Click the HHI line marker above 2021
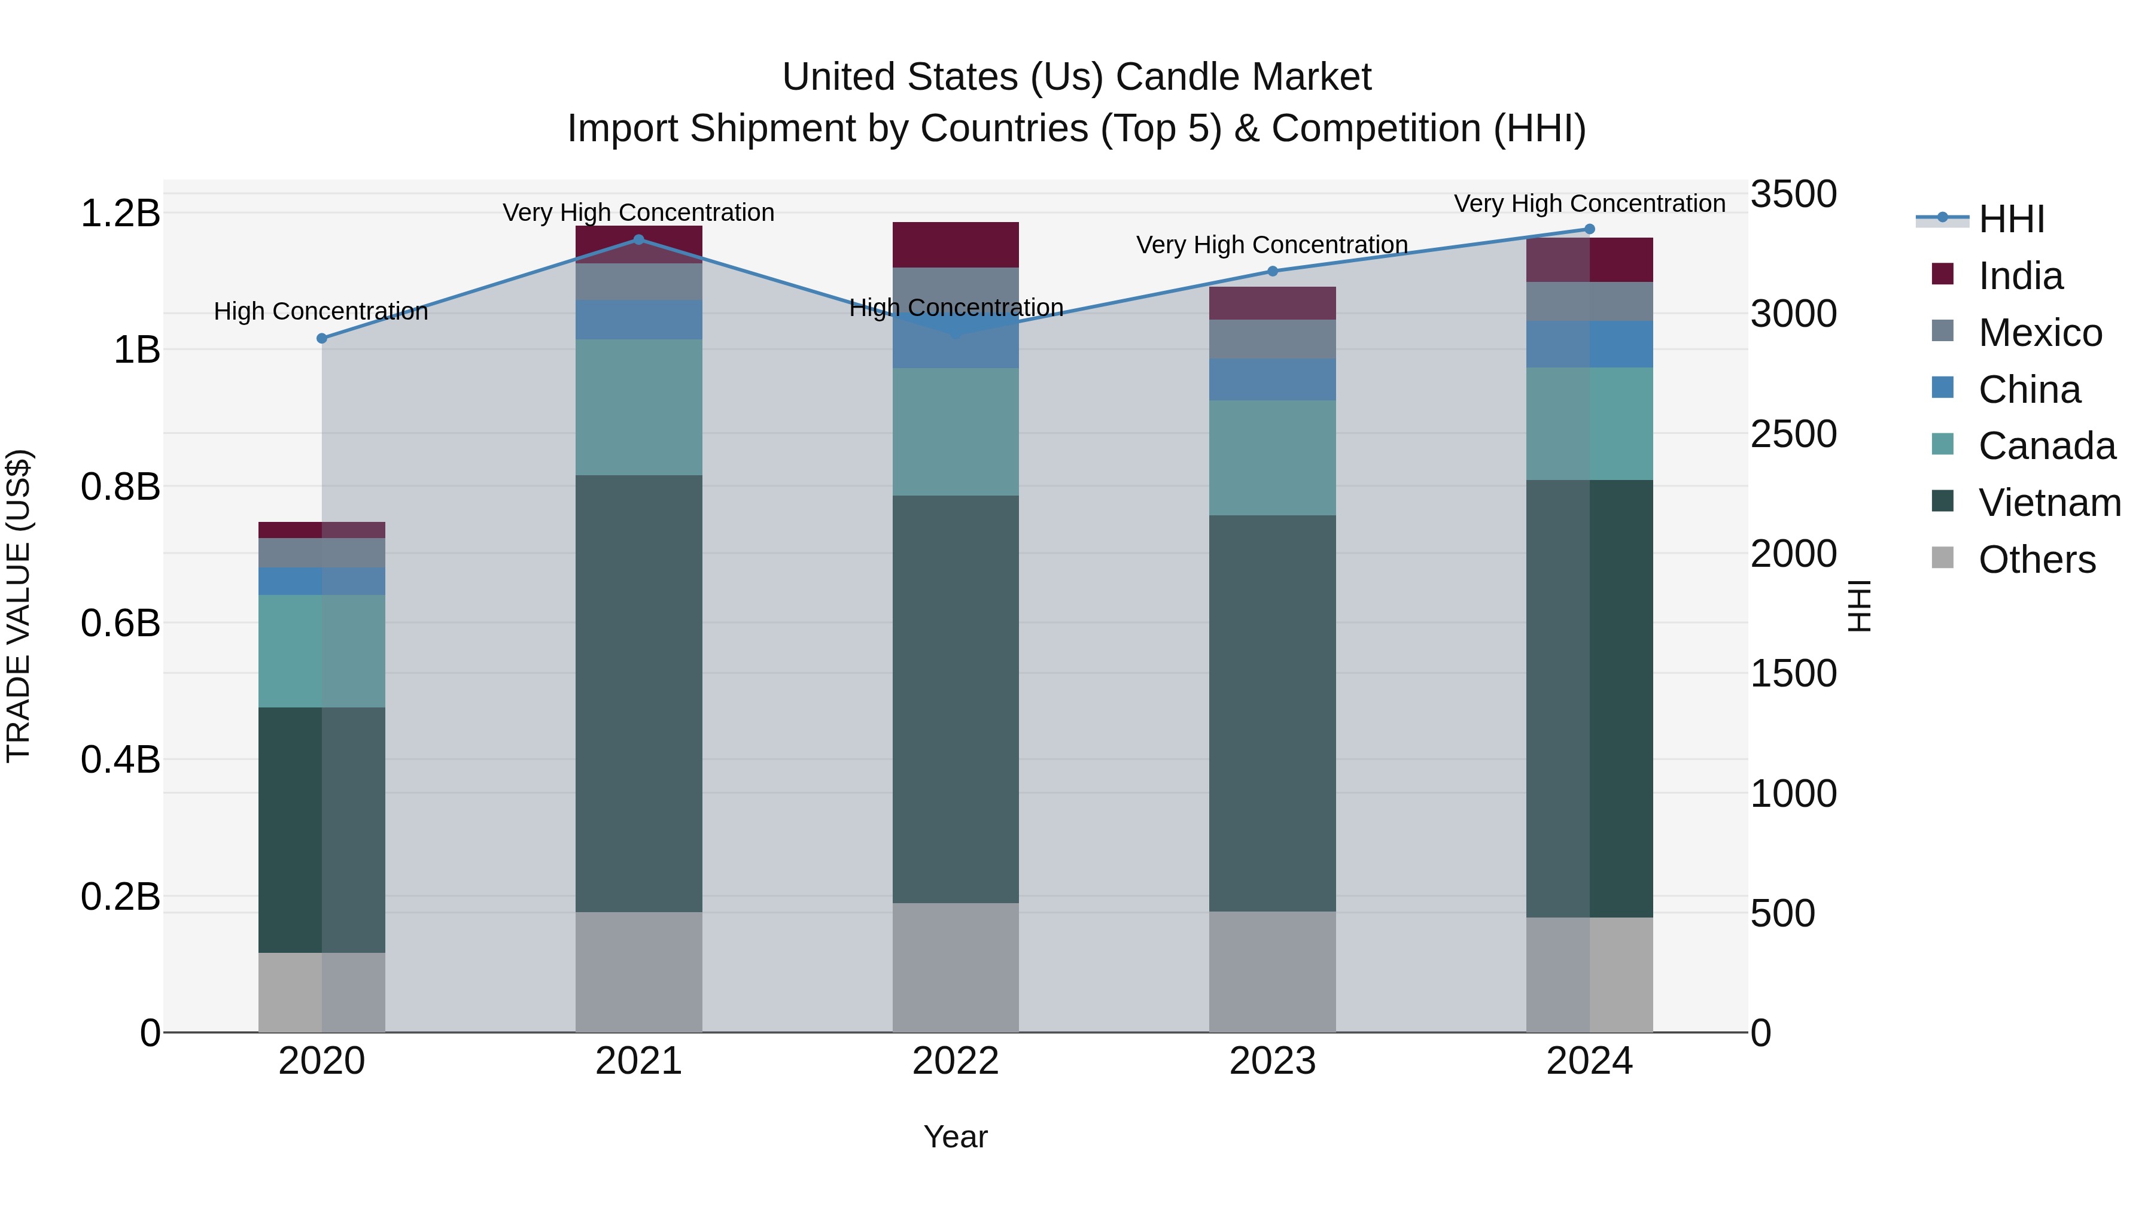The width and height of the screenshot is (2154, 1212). [639, 239]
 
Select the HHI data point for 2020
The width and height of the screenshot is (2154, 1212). [322, 338]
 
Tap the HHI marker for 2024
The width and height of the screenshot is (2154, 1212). [1590, 229]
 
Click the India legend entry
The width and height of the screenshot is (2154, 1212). [2019, 276]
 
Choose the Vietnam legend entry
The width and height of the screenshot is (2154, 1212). [2049, 503]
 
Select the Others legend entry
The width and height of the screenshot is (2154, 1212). [2036, 560]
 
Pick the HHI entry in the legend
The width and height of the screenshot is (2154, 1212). [2011, 219]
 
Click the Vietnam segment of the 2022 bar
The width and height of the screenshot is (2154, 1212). [956, 698]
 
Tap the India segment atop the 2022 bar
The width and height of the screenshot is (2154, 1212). [956, 244]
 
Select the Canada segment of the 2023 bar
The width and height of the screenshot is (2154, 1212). [1273, 457]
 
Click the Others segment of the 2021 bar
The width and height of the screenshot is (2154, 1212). [639, 971]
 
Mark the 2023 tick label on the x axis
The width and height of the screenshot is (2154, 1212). [1273, 1061]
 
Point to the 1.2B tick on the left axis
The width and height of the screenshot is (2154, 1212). [120, 213]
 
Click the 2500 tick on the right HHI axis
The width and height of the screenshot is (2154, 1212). [1794, 434]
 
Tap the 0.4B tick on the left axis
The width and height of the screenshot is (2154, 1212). [120, 760]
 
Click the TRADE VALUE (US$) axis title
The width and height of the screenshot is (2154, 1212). [19, 606]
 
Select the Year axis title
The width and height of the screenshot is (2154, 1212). [956, 1137]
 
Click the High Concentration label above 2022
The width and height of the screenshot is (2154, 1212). [956, 308]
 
